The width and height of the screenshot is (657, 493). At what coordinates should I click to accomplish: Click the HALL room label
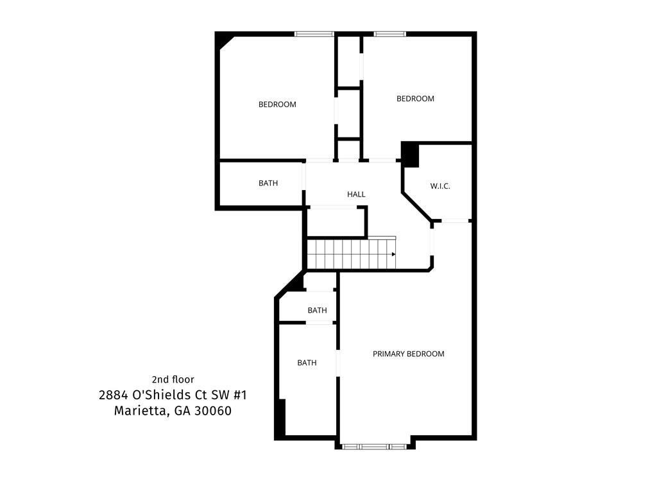(356, 195)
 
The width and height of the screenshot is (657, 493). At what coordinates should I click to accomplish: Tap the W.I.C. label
(440, 186)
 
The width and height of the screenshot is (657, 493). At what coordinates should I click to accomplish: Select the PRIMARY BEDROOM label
(409, 354)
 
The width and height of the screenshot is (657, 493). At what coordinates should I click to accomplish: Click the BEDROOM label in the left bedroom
(277, 105)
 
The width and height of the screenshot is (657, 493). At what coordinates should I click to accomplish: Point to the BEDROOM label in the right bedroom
(415, 98)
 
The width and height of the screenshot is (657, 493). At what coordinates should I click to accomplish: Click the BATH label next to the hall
(268, 183)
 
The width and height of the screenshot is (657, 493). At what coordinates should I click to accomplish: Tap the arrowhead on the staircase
(393, 254)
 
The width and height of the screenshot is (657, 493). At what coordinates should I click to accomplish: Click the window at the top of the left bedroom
(314, 34)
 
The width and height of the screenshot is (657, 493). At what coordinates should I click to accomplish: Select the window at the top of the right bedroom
(390, 34)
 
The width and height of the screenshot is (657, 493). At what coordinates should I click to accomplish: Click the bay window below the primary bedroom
(374, 447)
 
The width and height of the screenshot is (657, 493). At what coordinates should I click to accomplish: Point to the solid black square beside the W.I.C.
(410, 155)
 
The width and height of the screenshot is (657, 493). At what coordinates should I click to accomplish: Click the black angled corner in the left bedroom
(224, 40)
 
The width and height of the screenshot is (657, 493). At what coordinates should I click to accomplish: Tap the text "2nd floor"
(173, 379)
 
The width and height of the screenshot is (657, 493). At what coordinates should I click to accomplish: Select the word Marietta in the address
(140, 411)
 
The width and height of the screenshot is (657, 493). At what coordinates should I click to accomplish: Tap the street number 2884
(113, 395)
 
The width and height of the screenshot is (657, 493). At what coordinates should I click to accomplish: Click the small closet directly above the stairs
(336, 222)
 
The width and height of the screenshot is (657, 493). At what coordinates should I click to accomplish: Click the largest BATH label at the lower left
(307, 363)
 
